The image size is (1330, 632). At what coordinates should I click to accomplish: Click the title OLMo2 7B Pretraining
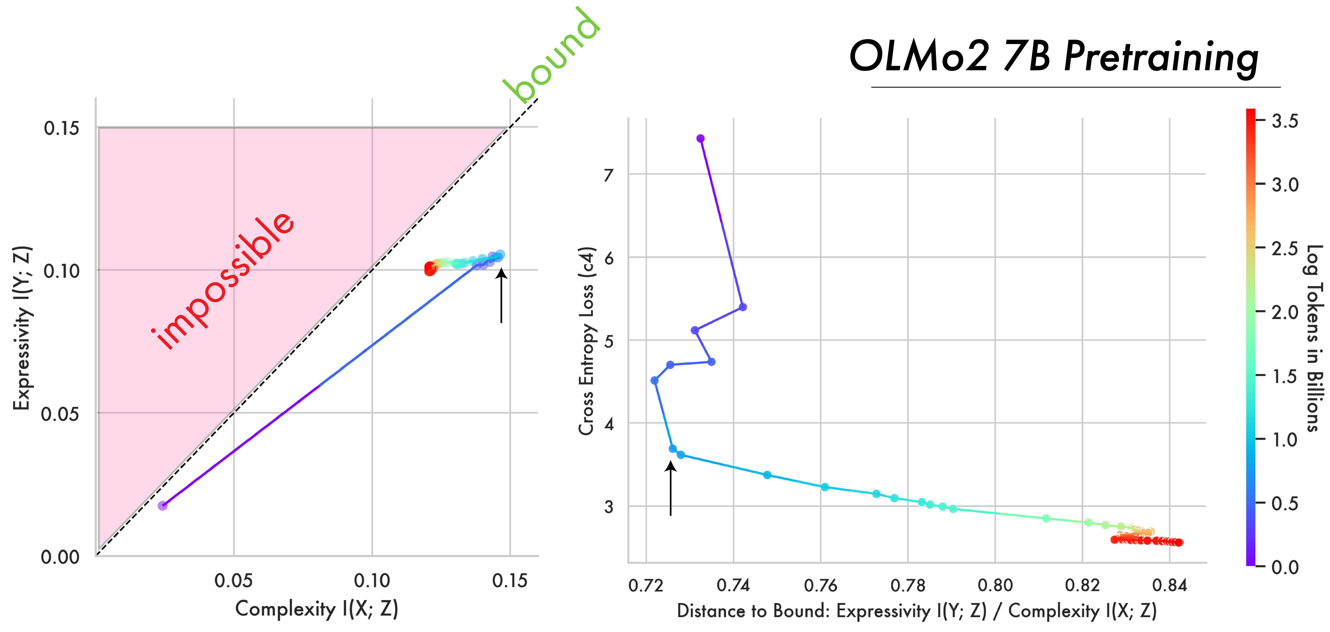coord(1053,57)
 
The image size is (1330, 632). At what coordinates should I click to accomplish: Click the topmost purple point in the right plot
coord(700,138)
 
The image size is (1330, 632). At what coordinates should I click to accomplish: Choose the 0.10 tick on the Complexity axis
coord(372,581)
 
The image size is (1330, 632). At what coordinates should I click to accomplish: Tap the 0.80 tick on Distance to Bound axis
coord(995,585)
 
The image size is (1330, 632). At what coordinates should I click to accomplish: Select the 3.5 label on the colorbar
coord(1285,121)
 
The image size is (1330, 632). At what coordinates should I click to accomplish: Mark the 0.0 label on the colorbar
coord(1285,567)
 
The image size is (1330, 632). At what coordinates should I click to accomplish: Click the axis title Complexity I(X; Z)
coord(316,609)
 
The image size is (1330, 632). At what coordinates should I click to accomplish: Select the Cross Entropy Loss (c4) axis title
coord(587,341)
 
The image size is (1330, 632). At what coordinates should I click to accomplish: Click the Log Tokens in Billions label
coord(1314,338)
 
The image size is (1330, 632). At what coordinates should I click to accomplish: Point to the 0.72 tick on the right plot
coord(645,585)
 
